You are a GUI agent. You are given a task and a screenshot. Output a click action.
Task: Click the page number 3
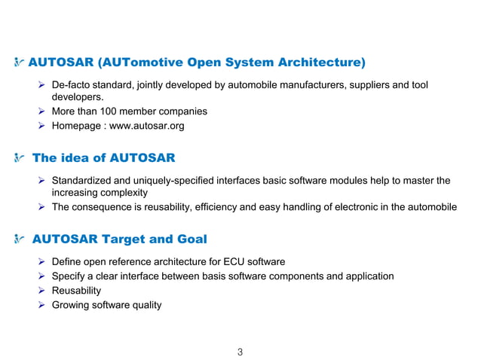[x=240, y=352]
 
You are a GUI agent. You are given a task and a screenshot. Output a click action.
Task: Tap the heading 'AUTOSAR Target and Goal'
[x=120, y=239]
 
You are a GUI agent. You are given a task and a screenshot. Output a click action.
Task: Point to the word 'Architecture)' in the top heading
[x=318, y=61]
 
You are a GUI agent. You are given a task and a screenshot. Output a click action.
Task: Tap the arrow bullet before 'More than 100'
[x=42, y=111]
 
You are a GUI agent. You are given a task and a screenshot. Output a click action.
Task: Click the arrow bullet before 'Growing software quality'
[x=42, y=305]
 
